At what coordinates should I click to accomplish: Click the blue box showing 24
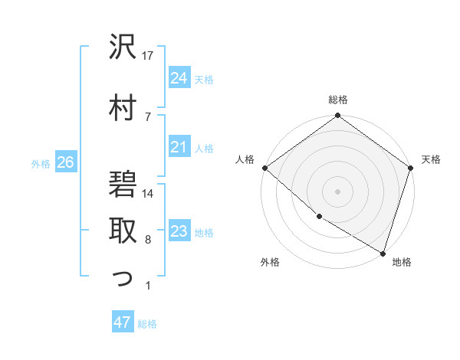click(179, 78)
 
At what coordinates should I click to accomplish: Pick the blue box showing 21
click(179, 147)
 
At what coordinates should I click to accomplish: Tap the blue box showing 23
click(179, 231)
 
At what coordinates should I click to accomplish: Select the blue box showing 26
click(65, 162)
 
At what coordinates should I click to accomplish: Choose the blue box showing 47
click(123, 322)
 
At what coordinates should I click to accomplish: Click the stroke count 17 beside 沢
click(149, 56)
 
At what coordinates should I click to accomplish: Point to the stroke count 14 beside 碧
click(149, 193)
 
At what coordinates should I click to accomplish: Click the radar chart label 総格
click(338, 100)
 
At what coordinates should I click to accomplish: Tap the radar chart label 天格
click(431, 159)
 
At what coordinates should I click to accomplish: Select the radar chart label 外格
click(270, 263)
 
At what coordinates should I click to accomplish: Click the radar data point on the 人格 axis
click(264, 168)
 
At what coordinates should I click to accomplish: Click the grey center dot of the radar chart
click(338, 191)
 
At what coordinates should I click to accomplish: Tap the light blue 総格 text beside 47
click(147, 323)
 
